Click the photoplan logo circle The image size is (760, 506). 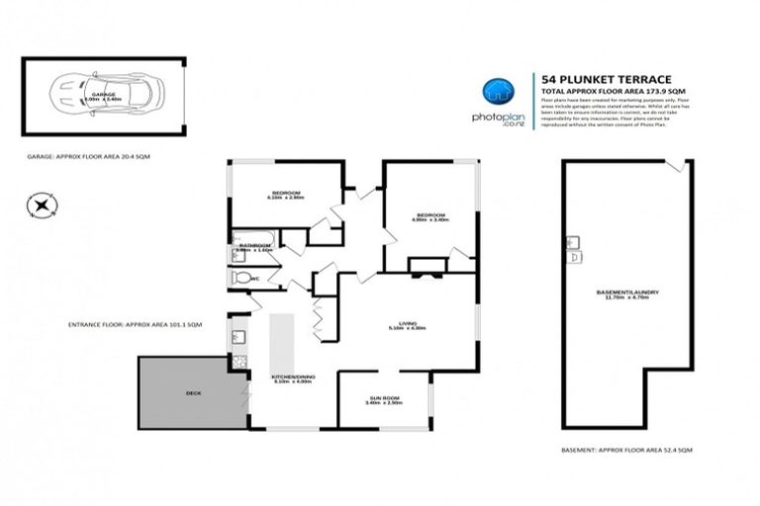(x=497, y=92)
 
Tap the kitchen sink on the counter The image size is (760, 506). (x=237, y=340)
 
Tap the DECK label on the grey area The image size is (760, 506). (x=193, y=393)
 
